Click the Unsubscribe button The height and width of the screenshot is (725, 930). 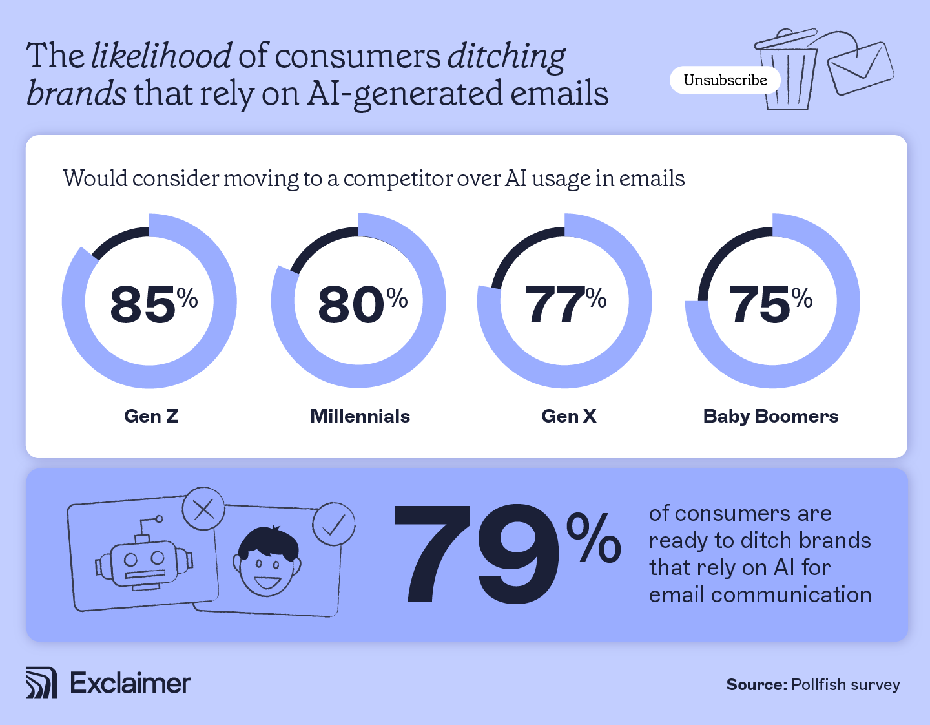coord(725,80)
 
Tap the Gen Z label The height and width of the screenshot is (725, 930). coord(151,416)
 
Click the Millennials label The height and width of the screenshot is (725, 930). coord(360,416)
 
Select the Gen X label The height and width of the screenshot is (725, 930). coord(568,416)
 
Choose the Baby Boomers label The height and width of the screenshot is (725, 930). coord(770,416)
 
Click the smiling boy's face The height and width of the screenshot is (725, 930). coord(267,562)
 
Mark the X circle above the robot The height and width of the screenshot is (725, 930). coord(203,510)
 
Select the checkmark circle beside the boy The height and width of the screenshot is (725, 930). coord(334,524)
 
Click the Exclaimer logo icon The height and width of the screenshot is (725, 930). coord(41,683)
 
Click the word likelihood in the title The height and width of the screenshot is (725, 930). coord(161,56)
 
